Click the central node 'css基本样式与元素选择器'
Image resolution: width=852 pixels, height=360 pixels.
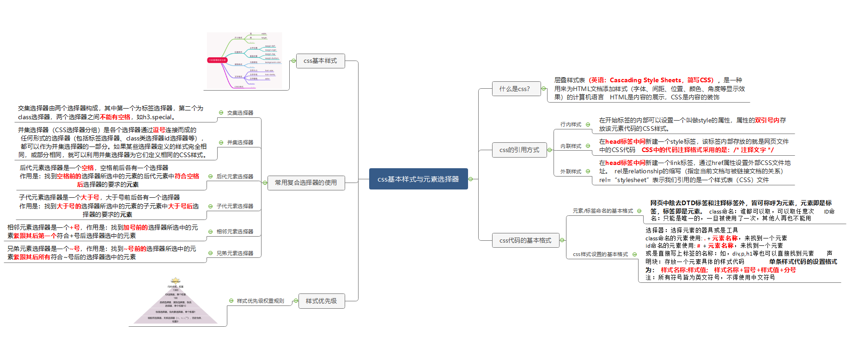[418, 179]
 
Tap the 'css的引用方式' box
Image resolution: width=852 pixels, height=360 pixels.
[519, 150]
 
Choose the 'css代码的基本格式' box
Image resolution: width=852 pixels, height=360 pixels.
[525, 240]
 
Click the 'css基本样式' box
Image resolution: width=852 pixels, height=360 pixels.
[320, 61]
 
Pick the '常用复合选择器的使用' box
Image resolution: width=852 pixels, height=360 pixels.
[306, 183]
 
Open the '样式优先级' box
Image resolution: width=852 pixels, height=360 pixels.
[321, 301]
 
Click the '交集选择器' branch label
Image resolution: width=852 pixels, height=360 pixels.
[240, 113]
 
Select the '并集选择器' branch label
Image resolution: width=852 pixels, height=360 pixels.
[240, 142]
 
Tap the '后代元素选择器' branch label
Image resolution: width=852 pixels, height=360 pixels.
[235, 177]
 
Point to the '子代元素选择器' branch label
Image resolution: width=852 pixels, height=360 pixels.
[235, 206]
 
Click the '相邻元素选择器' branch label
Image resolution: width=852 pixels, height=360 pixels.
[235, 232]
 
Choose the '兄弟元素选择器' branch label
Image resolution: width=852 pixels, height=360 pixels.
[235, 253]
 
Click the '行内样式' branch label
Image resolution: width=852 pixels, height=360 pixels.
[571, 124]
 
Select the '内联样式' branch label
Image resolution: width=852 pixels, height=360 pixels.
[571, 146]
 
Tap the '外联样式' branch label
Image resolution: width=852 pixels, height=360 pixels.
[571, 171]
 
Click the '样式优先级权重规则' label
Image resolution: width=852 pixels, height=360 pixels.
[260, 301]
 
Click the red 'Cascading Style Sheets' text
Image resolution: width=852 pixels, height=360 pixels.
[645, 80]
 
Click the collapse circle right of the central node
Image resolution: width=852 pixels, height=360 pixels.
[471, 179]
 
